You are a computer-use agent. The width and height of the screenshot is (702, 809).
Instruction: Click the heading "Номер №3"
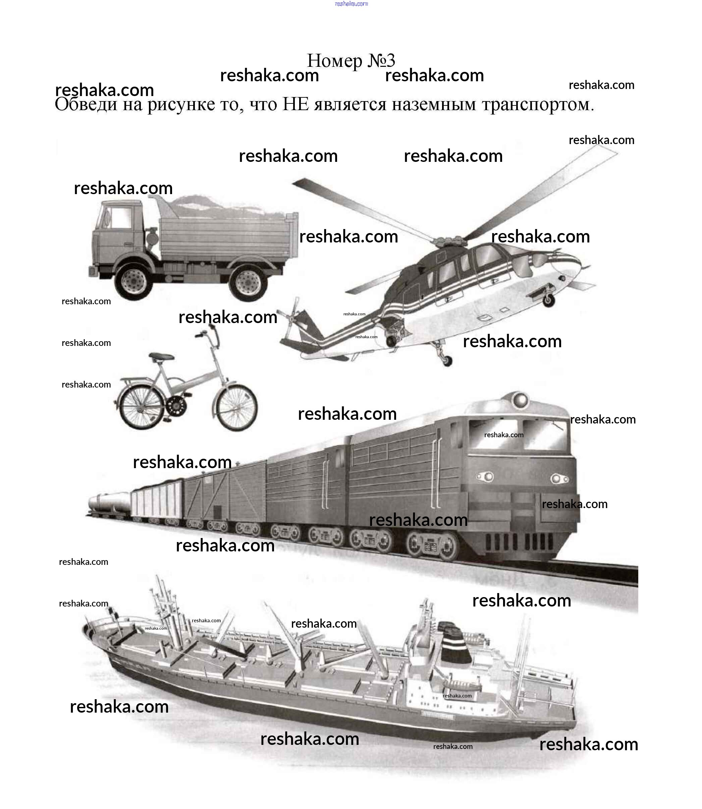[x=351, y=61]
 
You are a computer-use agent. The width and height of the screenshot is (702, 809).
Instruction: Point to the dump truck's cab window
[x=122, y=217]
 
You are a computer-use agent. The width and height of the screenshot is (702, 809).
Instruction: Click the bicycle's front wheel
[x=236, y=407]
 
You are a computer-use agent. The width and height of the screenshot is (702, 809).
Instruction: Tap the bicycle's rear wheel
[x=141, y=407]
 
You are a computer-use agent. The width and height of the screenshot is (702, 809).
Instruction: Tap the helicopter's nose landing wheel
[x=548, y=300]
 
